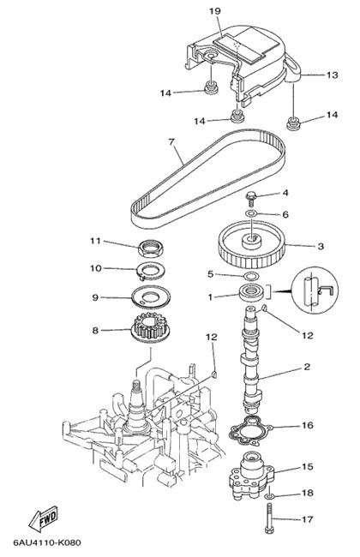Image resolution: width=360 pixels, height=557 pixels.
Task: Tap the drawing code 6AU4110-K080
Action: (47, 542)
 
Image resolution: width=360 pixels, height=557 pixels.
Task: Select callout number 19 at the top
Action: (214, 11)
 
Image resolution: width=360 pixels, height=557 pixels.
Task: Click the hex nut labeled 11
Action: (150, 249)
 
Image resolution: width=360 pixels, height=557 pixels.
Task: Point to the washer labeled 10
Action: (151, 272)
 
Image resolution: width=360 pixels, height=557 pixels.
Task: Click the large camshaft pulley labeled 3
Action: (252, 245)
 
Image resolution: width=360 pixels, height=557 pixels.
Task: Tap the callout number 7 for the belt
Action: (171, 142)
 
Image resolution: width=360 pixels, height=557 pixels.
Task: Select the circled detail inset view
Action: (315, 290)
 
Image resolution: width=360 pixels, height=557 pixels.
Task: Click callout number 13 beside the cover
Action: (332, 75)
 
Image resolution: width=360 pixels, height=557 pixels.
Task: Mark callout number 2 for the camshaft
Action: (307, 367)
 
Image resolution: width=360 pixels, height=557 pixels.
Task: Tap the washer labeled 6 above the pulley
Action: (252, 213)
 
